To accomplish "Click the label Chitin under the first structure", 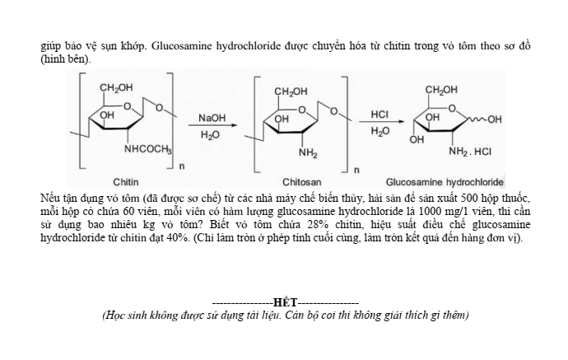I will [125, 181].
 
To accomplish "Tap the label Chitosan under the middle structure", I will [302, 181].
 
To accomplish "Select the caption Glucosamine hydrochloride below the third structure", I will [445, 181].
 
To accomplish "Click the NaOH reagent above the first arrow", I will [212, 119].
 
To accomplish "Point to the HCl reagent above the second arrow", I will [380, 115].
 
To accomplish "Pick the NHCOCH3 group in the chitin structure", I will [147, 150].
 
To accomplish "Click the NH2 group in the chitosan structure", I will [308, 153].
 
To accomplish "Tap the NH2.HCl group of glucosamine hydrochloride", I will [470, 152].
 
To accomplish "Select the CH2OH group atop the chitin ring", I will [116, 87].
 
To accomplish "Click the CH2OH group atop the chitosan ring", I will [291, 91].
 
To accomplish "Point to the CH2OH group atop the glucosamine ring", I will [441, 89].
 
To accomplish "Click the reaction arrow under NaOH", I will [212, 126].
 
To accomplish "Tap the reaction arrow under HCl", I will [380, 122].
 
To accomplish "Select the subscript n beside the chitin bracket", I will [181, 167].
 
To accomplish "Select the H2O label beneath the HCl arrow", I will [380, 132].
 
